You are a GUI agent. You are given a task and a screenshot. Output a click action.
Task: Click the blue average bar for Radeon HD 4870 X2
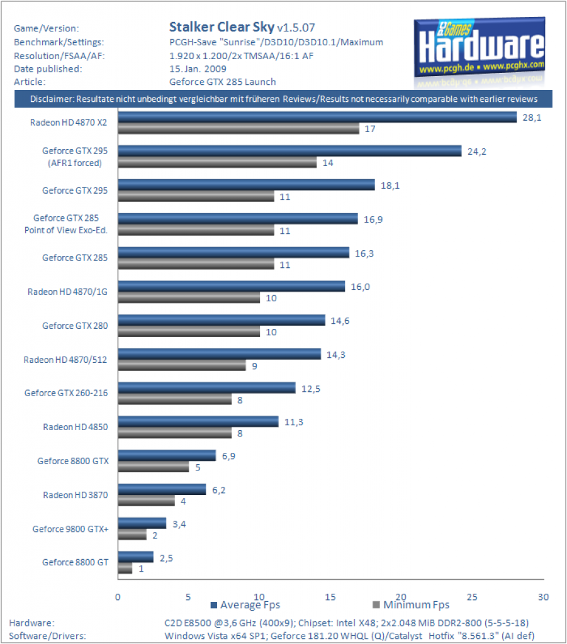pos(317,117)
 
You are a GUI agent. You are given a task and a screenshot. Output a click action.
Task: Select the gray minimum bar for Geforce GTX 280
pos(189,332)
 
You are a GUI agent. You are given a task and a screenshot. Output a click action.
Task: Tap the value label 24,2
pos(476,152)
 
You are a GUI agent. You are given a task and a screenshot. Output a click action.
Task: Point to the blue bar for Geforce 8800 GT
pos(135,557)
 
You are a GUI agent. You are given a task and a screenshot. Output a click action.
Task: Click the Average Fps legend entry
pos(245,605)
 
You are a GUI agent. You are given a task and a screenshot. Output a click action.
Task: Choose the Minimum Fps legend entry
pos(411,605)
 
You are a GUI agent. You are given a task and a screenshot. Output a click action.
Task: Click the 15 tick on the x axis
pos(330,597)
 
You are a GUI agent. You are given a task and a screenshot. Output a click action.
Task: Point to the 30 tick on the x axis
pos(543,597)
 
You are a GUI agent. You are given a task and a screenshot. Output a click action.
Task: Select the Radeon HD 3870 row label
pos(76,496)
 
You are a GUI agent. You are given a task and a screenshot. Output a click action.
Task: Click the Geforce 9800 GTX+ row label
pos(70,529)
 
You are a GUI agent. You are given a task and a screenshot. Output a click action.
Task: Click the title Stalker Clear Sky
pos(222,27)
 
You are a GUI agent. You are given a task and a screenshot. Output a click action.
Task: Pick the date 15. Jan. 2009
pos(198,69)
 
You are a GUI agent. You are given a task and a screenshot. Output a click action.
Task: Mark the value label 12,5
pos(311,389)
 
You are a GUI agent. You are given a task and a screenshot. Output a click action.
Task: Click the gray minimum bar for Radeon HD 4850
pos(174,433)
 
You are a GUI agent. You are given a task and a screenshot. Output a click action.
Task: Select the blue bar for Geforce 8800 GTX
pos(167,455)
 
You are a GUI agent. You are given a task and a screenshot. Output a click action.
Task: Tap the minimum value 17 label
pos(370,129)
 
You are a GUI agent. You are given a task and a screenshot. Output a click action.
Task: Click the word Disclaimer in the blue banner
pos(52,99)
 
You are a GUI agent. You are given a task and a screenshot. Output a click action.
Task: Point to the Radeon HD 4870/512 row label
pos(65,360)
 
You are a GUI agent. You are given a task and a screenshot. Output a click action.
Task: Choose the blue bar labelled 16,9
pos(238,218)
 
